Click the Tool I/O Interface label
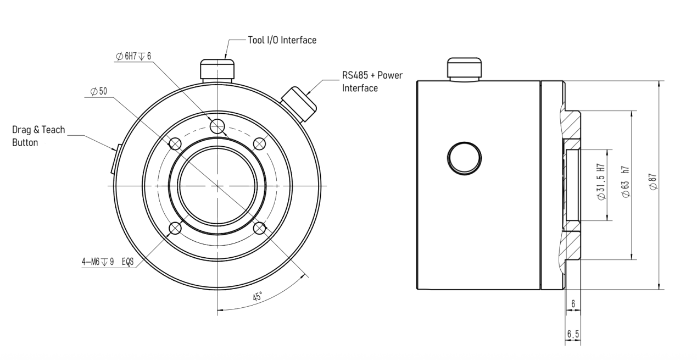pos(282,40)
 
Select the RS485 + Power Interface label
pos(372,81)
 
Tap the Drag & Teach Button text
pos(38,136)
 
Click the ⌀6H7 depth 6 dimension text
pos(133,57)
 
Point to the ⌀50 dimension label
pos(99,91)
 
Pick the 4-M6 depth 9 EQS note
pos(108,262)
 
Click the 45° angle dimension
pos(258,296)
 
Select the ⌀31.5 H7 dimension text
pos(601,182)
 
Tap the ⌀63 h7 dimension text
pos(626,182)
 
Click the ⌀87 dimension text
pos(653,182)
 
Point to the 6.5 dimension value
pos(573,334)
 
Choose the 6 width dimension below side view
pos(573,303)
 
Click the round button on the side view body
pos(464,158)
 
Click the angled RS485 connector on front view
pos(299,104)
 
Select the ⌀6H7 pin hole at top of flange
pos(217,126)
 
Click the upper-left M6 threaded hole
pos(175,144)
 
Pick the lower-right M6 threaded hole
pos(259,229)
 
